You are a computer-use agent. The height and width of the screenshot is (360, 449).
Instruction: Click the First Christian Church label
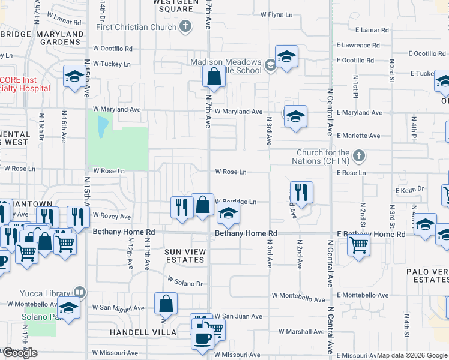point(136,27)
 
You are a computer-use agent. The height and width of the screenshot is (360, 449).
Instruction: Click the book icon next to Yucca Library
point(80,293)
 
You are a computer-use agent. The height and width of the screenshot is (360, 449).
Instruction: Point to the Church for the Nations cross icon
point(359,156)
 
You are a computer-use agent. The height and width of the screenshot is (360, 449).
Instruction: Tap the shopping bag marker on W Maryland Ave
point(214,77)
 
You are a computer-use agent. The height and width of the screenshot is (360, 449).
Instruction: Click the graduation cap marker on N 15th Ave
point(74,76)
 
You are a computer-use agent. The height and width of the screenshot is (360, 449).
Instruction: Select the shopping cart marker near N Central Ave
point(358,244)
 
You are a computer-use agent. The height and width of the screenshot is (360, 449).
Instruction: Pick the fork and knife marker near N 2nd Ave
point(301,193)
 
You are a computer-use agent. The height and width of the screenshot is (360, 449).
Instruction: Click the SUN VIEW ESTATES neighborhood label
point(185,256)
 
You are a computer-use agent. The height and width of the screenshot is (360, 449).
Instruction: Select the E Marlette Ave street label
point(358,136)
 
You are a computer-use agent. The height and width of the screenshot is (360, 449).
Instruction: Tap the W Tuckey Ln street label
point(112,64)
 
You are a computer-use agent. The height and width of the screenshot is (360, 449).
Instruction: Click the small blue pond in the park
point(102,124)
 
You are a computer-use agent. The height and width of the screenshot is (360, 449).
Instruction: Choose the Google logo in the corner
point(20,353)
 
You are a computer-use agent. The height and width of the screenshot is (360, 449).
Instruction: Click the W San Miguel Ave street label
point(118,308)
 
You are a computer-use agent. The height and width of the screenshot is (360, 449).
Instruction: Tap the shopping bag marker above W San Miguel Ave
point(166,304)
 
